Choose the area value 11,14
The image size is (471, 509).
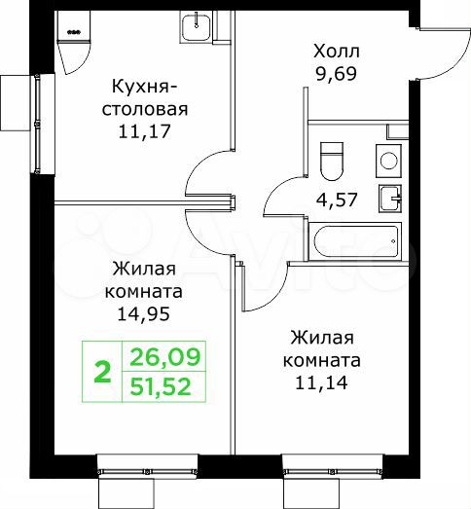click(326, 382)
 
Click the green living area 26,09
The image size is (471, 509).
click(163, 358)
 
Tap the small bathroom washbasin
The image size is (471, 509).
click(391, 198)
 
